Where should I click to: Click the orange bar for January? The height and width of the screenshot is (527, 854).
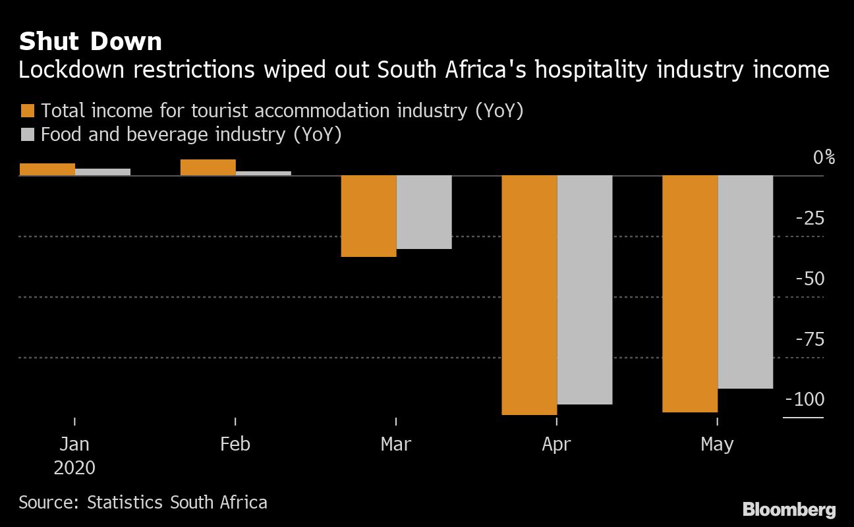click(47, 169)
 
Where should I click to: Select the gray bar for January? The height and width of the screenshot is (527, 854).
click(103, 172)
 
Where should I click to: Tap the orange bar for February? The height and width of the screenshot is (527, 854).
click(208, 167)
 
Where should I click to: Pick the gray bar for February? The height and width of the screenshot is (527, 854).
click(264, 173)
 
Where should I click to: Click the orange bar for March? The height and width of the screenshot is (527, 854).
click(368, 216)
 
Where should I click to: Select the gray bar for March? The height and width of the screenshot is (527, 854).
click(424, 212)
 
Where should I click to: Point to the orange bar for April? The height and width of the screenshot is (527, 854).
click(529, 295)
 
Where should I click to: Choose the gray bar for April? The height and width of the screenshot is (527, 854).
click(584, 290)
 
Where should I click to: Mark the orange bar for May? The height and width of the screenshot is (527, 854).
click(690, 294)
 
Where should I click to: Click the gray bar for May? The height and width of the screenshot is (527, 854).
click(745, 282)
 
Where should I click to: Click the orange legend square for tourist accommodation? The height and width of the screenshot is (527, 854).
click(28, 111)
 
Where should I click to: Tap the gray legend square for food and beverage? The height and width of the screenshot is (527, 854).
click(28, 135)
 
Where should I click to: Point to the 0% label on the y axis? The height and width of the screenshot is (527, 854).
click(824, 157)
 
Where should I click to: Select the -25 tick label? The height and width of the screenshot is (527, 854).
click(810, 218)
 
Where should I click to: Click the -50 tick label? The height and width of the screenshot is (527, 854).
click(810, 279)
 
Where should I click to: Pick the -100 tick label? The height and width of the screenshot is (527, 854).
click(805, 400)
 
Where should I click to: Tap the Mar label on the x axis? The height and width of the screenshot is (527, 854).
click(396, 444)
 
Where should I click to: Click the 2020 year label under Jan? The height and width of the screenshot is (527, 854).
click(74, 468)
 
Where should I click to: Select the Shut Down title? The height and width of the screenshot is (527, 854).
click(90, 42)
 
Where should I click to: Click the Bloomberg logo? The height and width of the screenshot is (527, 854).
click(789, 509)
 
